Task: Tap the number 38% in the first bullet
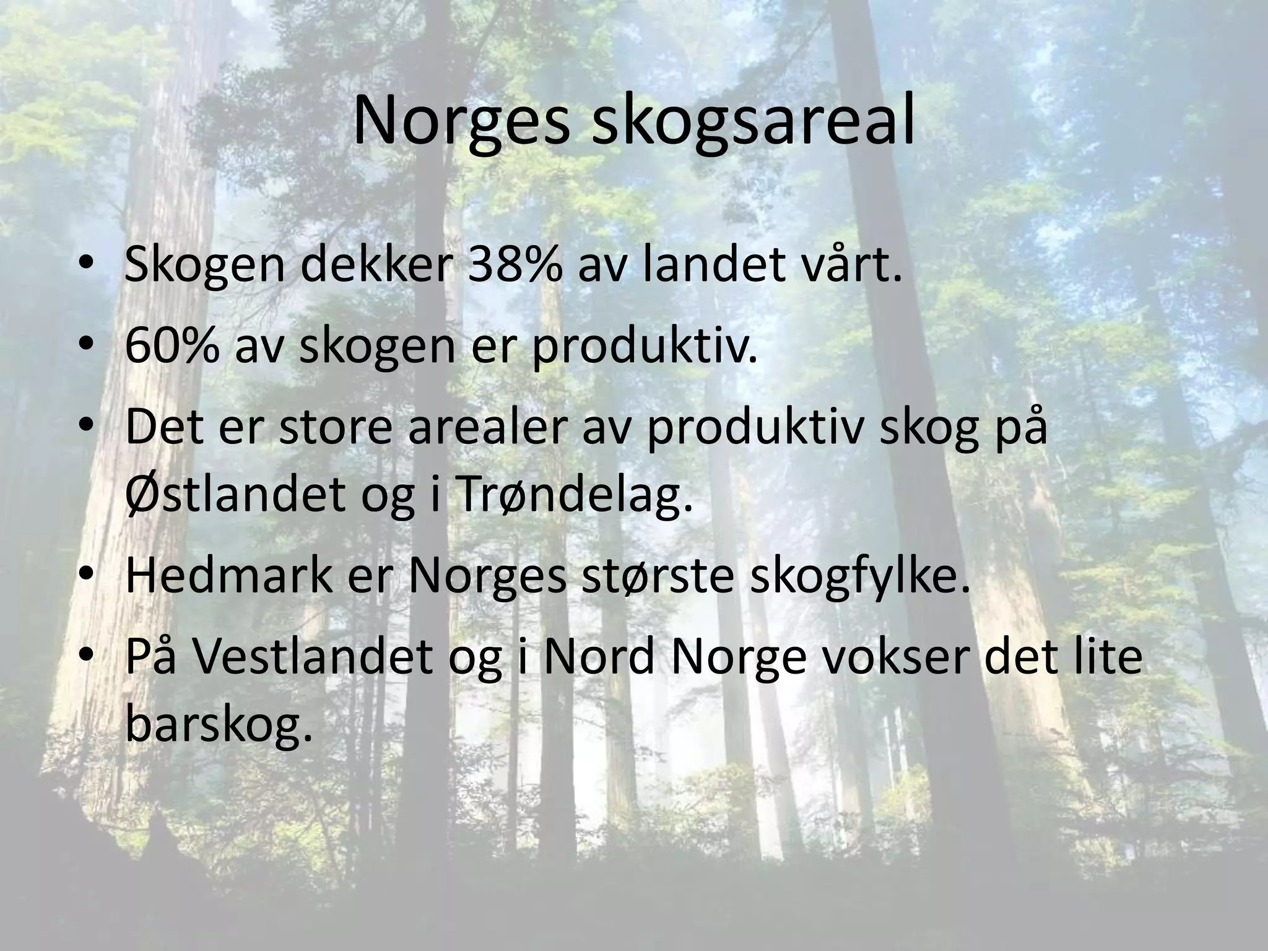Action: (x=515, y=264)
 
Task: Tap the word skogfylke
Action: (x=859, y=576)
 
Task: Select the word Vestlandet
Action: (x=312, y=658)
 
